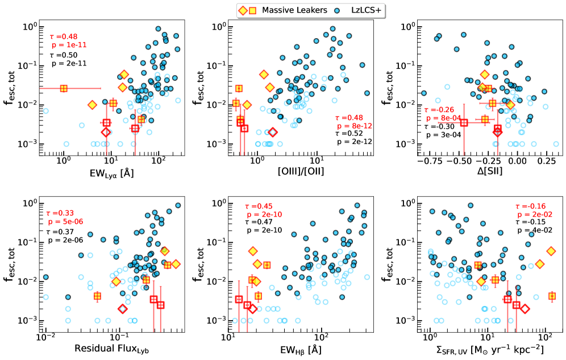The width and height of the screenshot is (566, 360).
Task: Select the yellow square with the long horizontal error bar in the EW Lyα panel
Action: (64, 88)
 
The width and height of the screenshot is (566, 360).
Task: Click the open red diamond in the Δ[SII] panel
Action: (498, 131)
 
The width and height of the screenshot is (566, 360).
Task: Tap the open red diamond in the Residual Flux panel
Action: (122, 309)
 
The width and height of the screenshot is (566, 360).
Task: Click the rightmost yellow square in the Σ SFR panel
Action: (552, 296)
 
